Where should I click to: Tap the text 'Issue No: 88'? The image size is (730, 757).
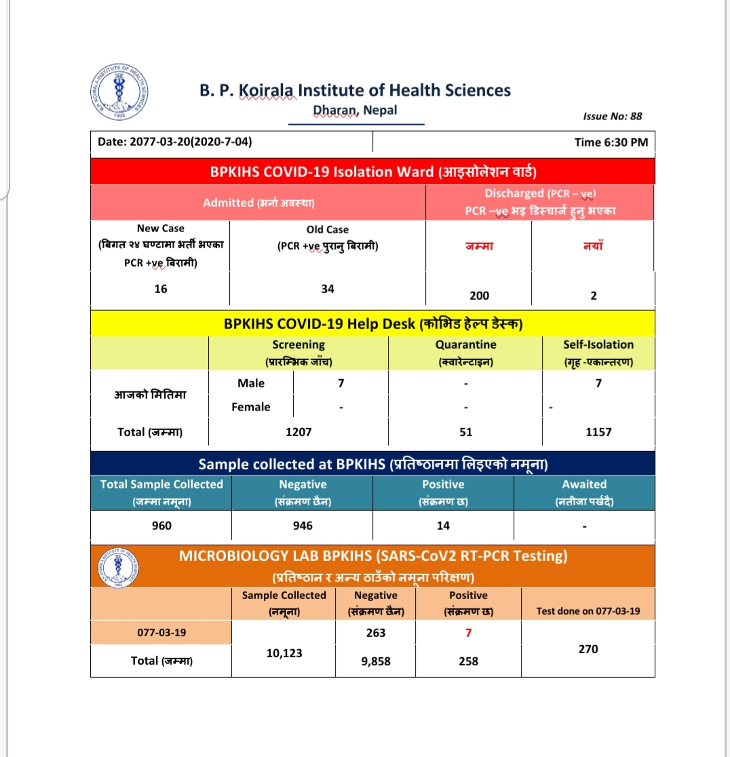pos(612,116)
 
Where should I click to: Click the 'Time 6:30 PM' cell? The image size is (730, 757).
pos(611,142)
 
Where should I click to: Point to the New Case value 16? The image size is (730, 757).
pos(160,288)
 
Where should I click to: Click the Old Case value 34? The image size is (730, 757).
pos(328,288)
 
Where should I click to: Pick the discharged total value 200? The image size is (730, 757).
pos(479,296)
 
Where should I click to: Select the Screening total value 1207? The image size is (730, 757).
pos(299,431)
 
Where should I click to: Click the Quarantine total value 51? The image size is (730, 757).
pos(465,431)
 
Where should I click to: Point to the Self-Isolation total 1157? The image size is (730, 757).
pos(598,431)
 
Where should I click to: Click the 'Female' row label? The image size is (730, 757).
pos(251,407)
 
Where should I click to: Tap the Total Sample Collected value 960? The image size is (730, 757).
pos(161,526)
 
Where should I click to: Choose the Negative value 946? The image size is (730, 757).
pos(303,526)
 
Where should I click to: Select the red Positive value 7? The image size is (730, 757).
pos(468,633)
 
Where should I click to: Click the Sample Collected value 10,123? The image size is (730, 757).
pos(284,653)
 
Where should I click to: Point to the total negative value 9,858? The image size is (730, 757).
pos(375,661)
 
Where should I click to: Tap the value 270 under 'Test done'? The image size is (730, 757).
pos(588,649)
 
